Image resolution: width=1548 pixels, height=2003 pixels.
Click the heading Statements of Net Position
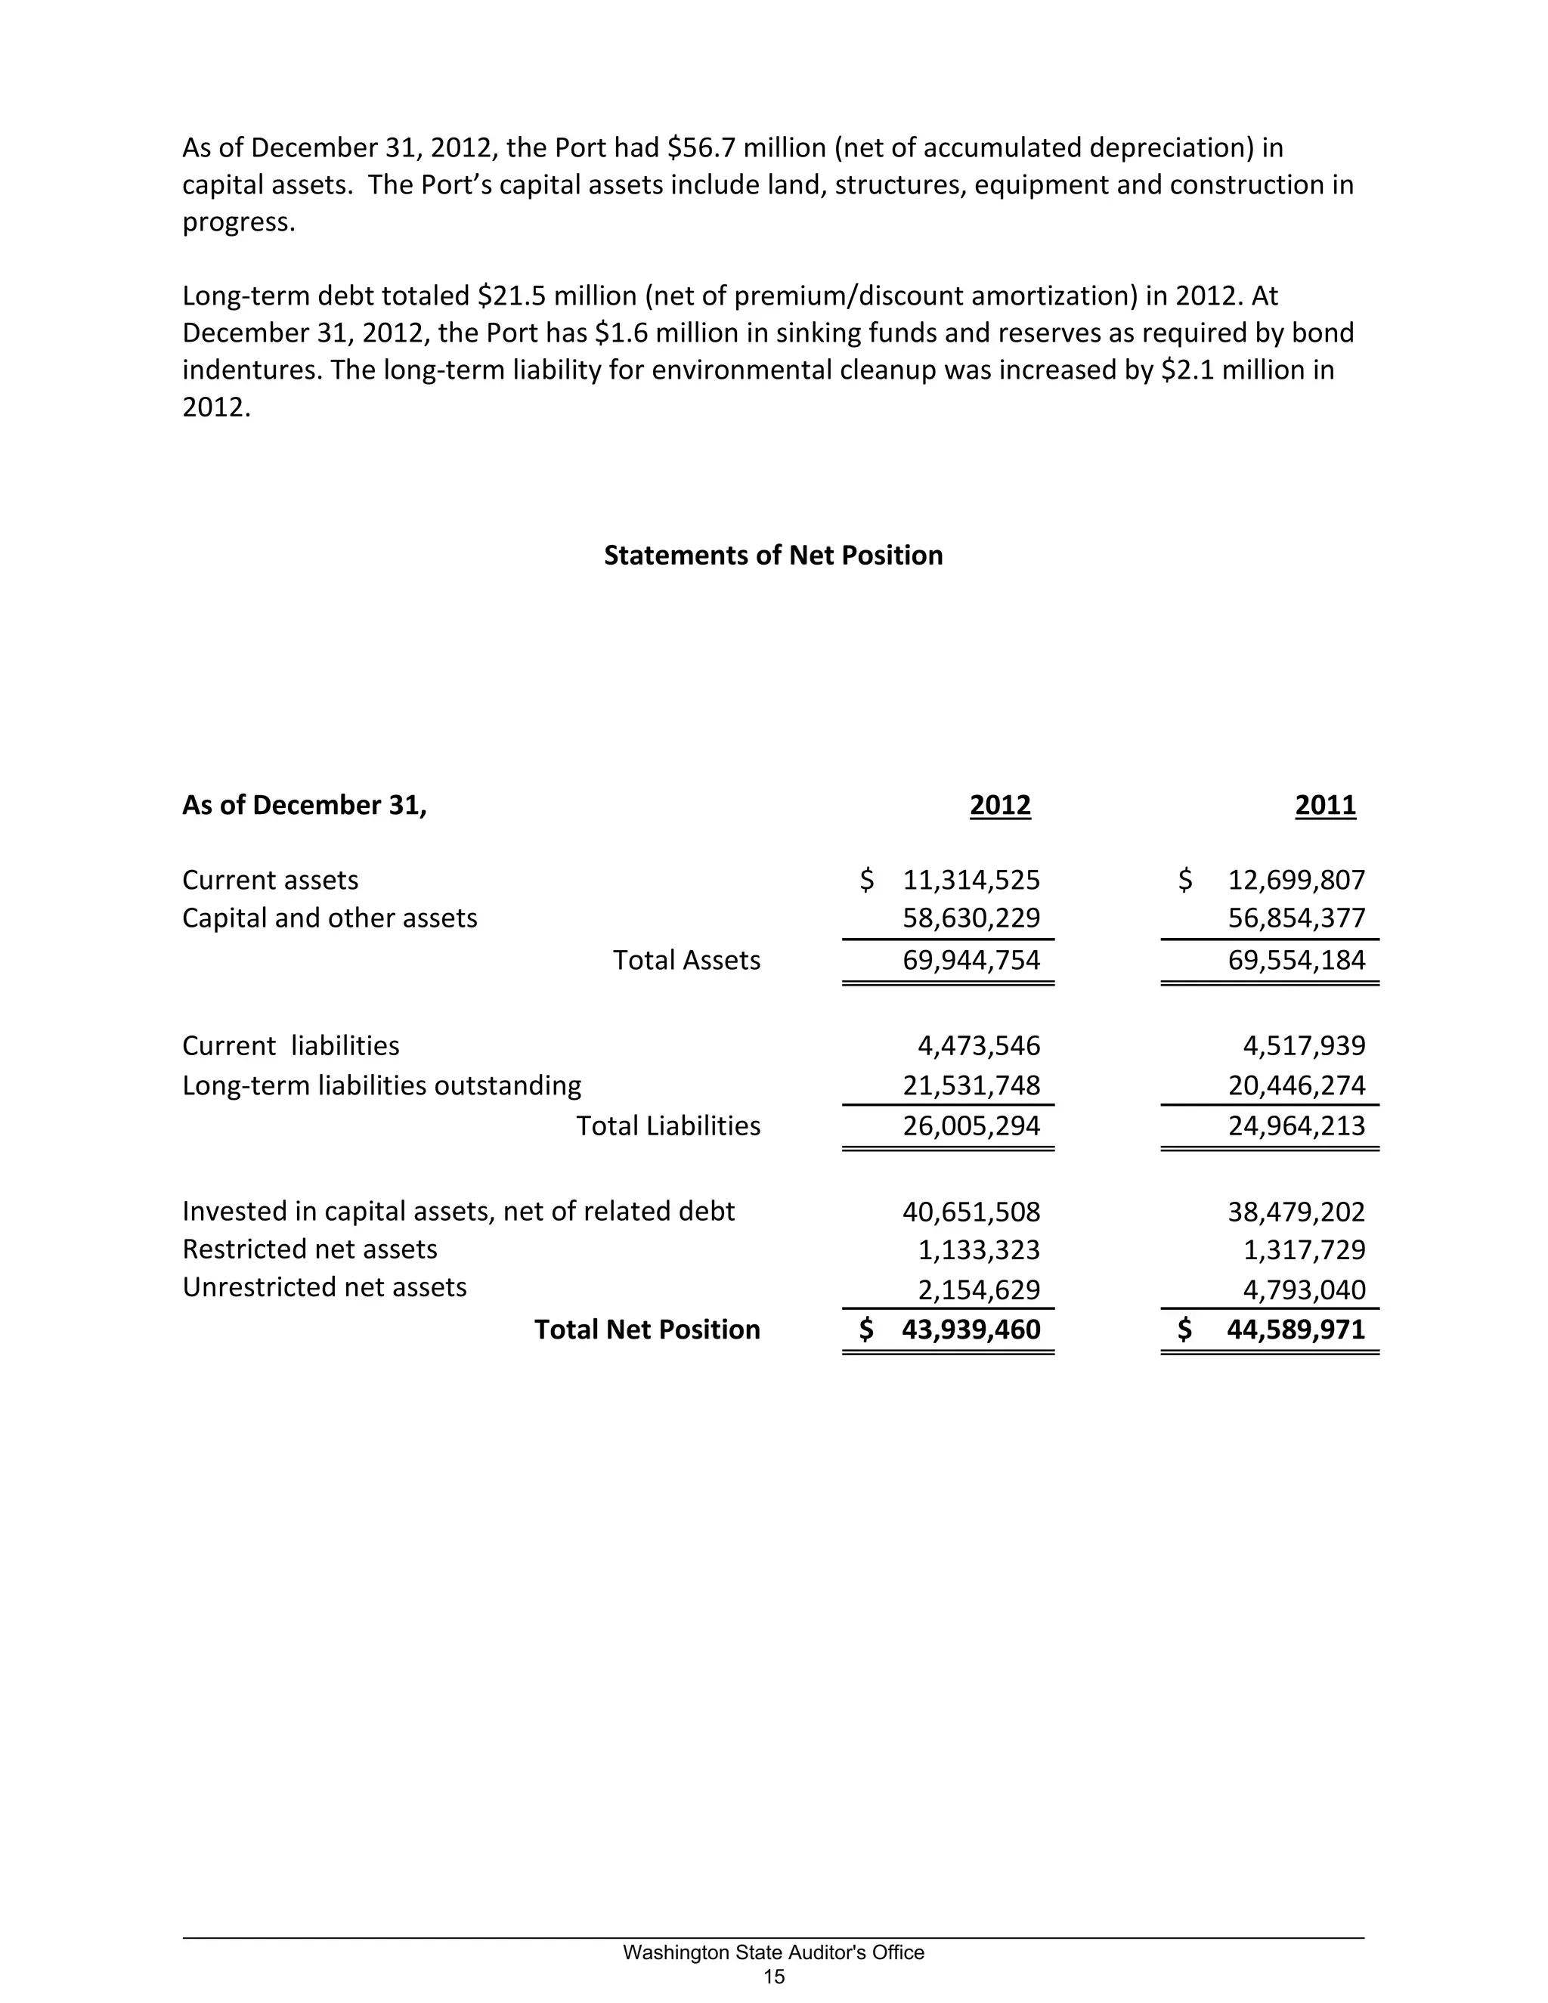coord(773,555)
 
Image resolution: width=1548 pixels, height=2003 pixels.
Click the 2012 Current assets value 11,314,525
coord(971,880)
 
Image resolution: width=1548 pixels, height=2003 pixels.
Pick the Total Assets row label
coord(686,959)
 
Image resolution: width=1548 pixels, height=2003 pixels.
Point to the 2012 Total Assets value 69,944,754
coord(971,959)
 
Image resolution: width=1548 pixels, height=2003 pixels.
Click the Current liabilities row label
coord(291,1045)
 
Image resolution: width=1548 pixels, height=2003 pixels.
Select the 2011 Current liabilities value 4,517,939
coord(1304,1045)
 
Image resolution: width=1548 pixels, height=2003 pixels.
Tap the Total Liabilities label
coord(667,1125)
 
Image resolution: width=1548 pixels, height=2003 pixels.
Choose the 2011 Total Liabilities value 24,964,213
coord(1297,1125)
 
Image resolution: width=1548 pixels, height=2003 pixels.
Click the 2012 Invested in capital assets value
coord(971,1212)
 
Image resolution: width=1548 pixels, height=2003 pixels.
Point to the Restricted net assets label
coord(310,1249)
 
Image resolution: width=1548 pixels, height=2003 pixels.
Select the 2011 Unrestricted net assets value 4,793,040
coord(1304,1289)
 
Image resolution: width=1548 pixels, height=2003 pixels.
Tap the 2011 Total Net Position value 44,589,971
coord(1296,1329)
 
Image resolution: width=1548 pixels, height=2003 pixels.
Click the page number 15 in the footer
coord(774,1977)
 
